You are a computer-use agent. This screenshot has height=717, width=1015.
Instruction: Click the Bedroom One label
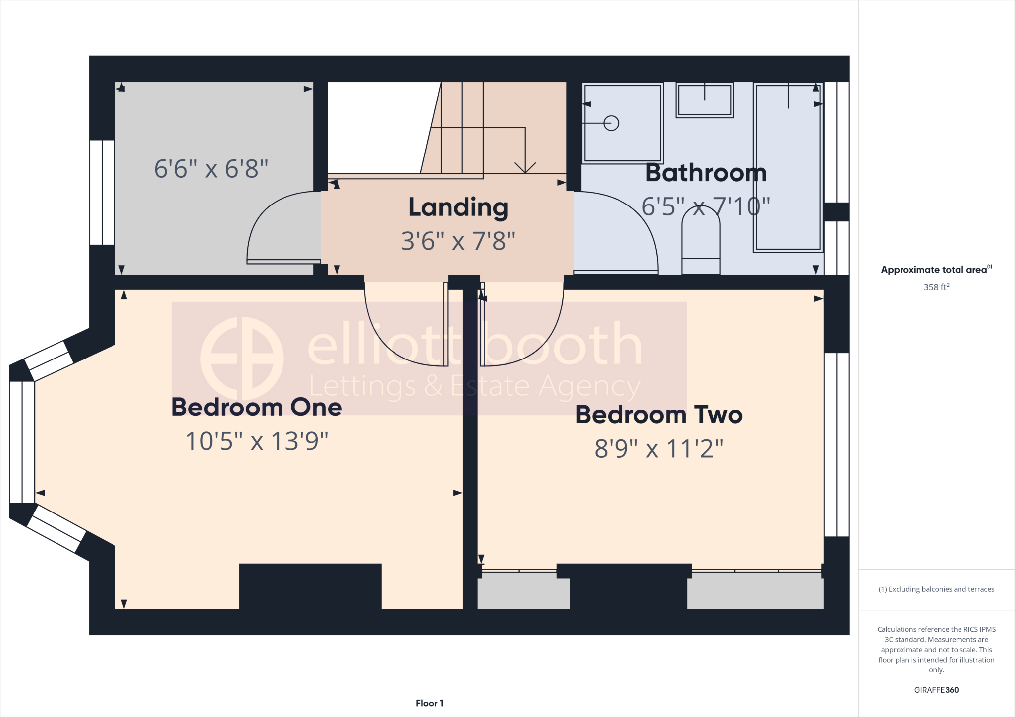pos(257,407)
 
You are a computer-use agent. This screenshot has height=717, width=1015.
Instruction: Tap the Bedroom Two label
pos(659,415)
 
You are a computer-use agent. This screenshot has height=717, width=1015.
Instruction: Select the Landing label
pos(458,207)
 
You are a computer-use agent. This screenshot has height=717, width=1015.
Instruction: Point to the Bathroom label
pos(706,173)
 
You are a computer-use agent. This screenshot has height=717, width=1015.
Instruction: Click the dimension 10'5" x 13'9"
pos(257,441)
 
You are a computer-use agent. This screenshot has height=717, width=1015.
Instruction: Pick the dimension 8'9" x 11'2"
pos(659,449)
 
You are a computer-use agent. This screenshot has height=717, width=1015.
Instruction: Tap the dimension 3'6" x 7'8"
pos(458,241)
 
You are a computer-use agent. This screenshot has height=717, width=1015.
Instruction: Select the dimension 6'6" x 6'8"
pos(211,169)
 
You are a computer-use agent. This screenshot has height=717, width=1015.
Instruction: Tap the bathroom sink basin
pos(704,101)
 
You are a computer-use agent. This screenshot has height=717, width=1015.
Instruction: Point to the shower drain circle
pos(611,123)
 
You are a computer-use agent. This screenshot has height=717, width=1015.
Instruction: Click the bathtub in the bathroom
pos(788,168)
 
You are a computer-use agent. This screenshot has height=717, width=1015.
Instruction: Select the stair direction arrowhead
pos(525,168)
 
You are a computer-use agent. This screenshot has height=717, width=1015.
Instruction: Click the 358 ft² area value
pos(936,287)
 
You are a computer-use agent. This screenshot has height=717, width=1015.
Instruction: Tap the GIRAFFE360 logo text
pos(936,690)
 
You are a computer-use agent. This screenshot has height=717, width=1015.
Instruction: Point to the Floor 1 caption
pos(429,703)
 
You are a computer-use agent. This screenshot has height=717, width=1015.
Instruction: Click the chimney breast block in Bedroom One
pos(310,586)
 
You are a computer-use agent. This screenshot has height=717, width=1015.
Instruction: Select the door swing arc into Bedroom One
pos(392,342)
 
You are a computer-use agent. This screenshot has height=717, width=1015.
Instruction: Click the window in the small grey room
pos(102,192)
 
